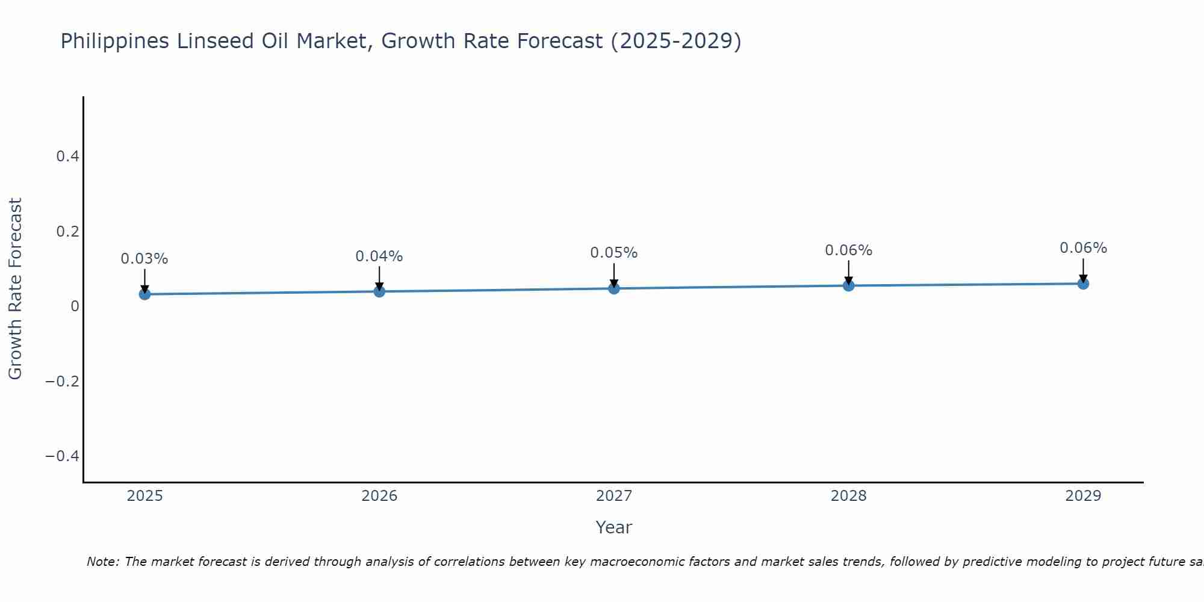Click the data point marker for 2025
pyautogui.click(x=144, y=294)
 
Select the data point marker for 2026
pyautogui.click(x=379, y=291)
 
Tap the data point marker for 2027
pyautogui.click(x=614, y=288)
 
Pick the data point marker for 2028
pyautogui.click(x=848, y=285)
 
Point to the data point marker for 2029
pyautogui.click(x=1083, y=284)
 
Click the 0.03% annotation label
pyautogui.click(x=144, y=259)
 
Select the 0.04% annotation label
pyautogui.click(x=379, y=256)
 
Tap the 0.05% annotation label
pyautogui.click(x=614, y=253)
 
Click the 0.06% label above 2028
pyautogui.click(x=848, y=250)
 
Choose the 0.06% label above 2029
pyautogui.click(x=1083, y=248)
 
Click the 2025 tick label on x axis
pyautogui.click(x=144, y=496)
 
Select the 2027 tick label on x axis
pyautogui.click(x=614, y=496)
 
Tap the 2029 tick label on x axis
pyautogui.click(x=1083, y=496)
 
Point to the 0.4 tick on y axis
pyautogui.click(x=67, y=157)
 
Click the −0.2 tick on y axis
pyautogui.click(x=63, y=381)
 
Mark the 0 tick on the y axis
pyautogui.click(x=75, y=306)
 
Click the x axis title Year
pyautogui.click(x=613, y=527)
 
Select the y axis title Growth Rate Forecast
pyautogui.click(x=15, y=289)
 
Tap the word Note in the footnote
pyautogui.click(x=102, y=562)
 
